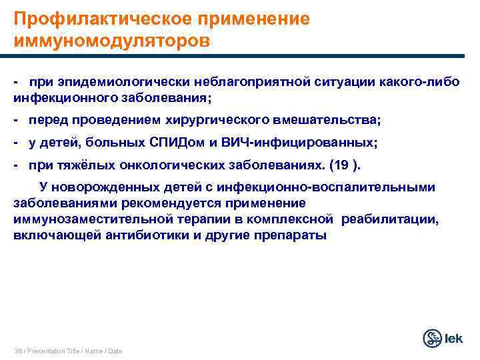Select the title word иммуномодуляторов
click(111, 41)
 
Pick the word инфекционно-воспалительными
click(341, 187)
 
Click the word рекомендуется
click(167, 203)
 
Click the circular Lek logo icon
click(433, 338)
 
